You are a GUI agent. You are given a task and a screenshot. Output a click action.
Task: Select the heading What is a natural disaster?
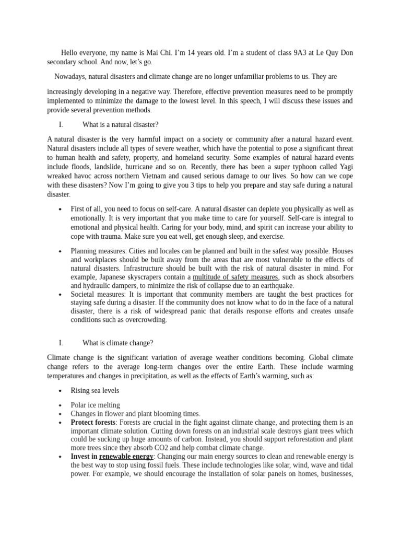121,124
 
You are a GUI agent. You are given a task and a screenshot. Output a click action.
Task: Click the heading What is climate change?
117,343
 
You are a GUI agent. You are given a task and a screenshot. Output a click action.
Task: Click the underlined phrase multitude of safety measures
235,277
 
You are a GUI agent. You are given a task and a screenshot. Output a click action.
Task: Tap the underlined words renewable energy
126,456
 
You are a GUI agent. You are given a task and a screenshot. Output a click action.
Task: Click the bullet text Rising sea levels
95,390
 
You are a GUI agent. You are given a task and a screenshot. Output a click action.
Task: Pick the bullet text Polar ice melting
95,405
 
